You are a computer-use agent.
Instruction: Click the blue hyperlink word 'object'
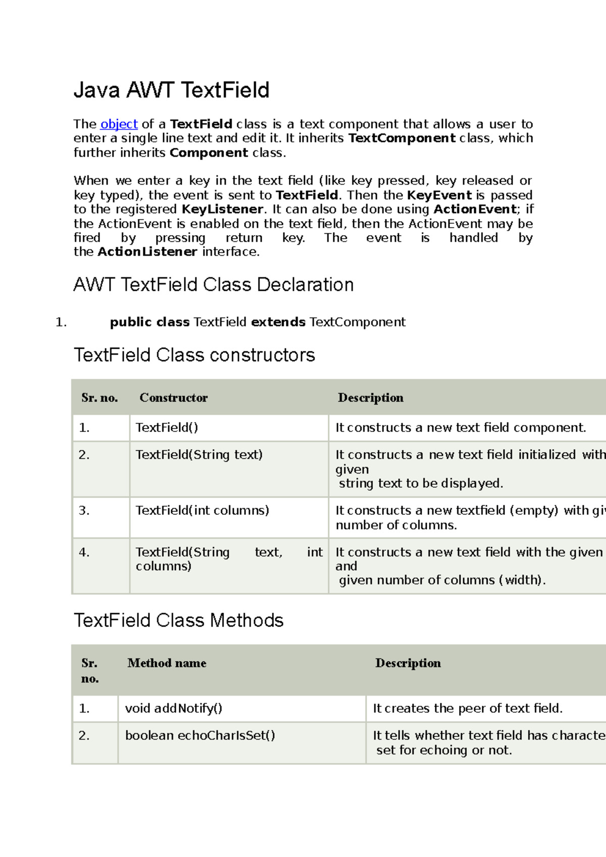pos(119,124)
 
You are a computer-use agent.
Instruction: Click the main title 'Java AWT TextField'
pos(171,90)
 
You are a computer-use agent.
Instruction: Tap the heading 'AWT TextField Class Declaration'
pos(213,285)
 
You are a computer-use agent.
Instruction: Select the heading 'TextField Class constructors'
pos(194,355)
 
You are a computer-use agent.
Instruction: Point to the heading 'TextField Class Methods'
pos(178,620)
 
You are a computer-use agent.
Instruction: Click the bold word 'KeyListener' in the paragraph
pos(222,209)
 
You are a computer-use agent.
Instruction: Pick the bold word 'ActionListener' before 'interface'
pos(147,252)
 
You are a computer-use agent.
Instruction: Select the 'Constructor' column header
pos(173,398)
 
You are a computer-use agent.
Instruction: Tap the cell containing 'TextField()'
pos(167,427)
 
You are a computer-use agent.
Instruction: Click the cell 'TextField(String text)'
pos(199,455)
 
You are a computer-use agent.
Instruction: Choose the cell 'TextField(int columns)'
pos(202,510)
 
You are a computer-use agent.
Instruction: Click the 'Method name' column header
pos(167,663)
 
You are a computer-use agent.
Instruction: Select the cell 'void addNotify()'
pos(173,709)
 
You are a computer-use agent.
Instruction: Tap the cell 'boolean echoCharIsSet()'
pos(200,735)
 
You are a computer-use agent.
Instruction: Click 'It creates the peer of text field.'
pos(468,709)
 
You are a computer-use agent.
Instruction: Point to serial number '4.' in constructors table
pos(84,553)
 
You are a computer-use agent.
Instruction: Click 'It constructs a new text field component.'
pos(461,428)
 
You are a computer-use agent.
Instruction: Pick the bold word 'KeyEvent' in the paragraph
pos(439,195)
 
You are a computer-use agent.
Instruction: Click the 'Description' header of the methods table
pos(408,663)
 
